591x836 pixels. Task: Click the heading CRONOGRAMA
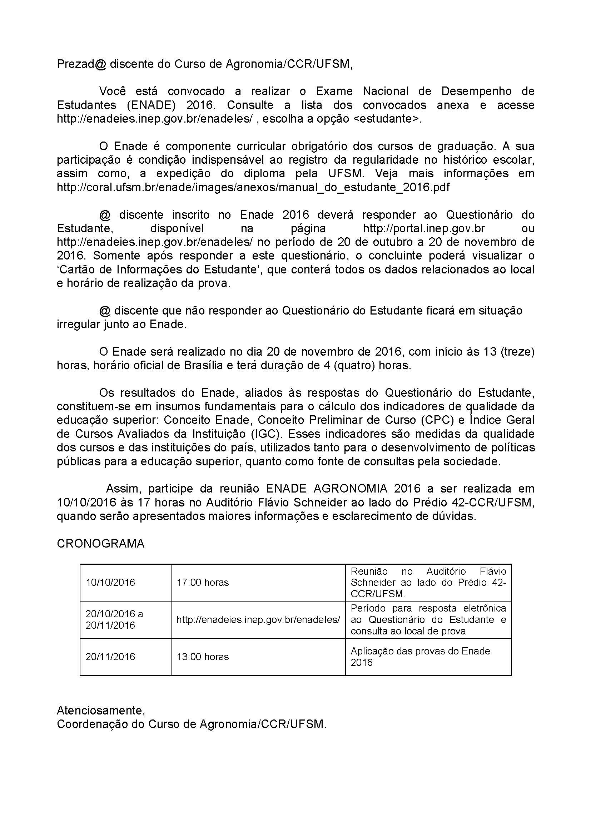point(100,544)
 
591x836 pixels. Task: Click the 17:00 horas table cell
point(203,583)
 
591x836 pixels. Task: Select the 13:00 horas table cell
point(203,657)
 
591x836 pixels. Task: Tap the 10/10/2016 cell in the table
point(110,583)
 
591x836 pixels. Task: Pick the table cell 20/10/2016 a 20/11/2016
point(114,620)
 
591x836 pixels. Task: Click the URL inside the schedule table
point(258,620)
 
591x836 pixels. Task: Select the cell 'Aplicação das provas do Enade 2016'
point(420,657)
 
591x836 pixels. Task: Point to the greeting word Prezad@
point(81,64)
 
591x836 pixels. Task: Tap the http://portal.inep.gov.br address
point(424,229)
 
